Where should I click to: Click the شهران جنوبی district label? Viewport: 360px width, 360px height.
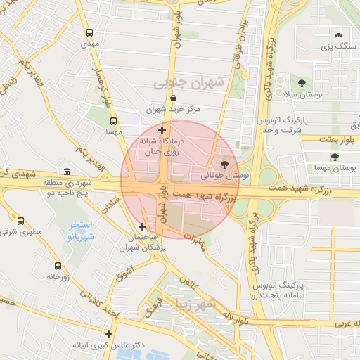click(188, 83)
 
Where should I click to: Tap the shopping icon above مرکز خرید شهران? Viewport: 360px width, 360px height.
click(173, 98)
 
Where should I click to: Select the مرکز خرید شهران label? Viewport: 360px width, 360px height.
click(174, 110)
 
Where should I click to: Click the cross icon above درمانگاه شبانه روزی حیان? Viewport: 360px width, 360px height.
click(162, 130)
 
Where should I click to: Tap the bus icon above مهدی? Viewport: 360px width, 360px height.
click(89, 32)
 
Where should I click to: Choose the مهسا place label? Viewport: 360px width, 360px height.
click(114, 131)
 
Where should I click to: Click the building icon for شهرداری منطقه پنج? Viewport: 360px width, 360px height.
click(67, 172)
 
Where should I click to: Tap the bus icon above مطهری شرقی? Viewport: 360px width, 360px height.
click(20, 221)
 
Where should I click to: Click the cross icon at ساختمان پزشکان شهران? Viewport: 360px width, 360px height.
click(143, 226)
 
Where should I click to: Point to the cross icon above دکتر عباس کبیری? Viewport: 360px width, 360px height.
click(108, 334)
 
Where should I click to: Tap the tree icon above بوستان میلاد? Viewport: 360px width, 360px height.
click(302, 82)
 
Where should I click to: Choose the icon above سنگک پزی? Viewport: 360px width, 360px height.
click(339, 35)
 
